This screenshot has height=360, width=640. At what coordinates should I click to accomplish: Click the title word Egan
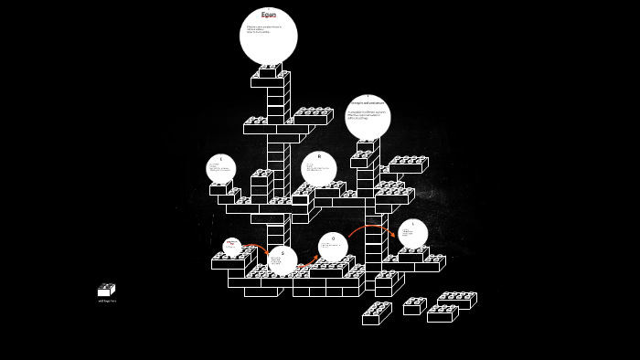(268, 15)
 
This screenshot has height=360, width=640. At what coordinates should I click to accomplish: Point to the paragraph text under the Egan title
(264, 29)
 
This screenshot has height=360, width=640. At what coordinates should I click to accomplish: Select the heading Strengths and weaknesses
(368, 103)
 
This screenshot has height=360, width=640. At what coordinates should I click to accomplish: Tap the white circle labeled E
(220, 168)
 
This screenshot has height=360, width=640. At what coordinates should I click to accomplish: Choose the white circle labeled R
(319, 168)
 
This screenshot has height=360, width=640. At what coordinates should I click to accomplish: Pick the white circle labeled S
(283, 260)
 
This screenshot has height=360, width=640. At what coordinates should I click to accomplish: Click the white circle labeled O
(333, 247)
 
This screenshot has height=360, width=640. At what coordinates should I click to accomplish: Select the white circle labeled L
(412, 233)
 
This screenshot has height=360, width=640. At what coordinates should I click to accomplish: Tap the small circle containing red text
(232, 246)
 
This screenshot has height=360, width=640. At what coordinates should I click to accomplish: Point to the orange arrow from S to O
(308, 262)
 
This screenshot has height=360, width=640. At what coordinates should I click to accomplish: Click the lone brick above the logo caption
(106, 291)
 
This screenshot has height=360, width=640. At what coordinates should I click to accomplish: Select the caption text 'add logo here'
(107, 301)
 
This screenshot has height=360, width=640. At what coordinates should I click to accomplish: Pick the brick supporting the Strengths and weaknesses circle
(366, 146)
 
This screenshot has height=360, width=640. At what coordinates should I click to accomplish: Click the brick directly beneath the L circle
(412, 255)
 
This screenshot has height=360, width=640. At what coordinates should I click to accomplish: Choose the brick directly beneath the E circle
(220, 189)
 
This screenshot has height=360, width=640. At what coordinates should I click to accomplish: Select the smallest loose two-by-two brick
(413, 307)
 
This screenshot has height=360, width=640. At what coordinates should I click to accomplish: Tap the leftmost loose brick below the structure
(376, 314)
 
